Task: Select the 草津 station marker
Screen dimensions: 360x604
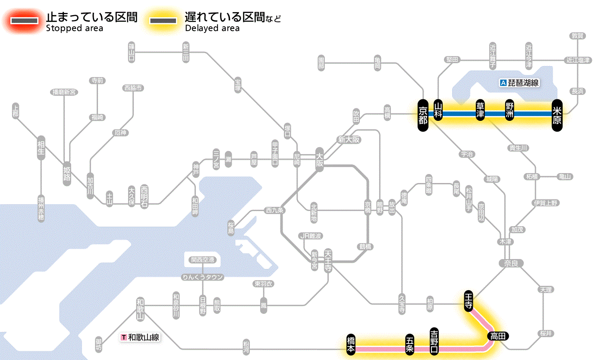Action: (x=480, y=111)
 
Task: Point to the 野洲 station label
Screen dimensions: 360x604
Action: (x=510, y=111)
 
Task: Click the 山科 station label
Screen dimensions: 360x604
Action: (x=438, y=111)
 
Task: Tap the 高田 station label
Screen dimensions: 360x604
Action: (x=498, y=336)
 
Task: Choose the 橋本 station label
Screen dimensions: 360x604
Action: (x=351, y=344)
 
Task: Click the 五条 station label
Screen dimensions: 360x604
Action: (x=410, y=344)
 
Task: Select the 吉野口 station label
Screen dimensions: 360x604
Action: (x=434, y=341)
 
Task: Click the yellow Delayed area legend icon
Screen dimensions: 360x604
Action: (x=163, y=21)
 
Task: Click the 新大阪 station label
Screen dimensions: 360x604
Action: (x=349, y=140)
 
